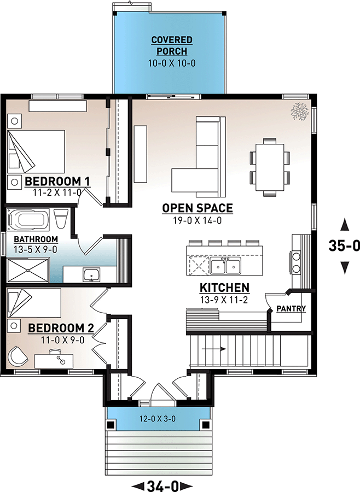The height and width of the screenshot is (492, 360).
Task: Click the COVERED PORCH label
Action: coord(172,45)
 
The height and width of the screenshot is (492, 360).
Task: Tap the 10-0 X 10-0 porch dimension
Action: coord(172,63)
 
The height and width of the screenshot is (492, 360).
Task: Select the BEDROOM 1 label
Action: coord(57,181)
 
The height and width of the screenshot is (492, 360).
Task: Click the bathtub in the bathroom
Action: coord(28,220)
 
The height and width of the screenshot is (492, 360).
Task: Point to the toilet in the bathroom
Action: coord(61,218)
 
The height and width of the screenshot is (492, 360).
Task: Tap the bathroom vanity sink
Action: coord(91,275)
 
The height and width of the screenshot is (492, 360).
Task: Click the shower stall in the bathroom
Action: coord(28,270)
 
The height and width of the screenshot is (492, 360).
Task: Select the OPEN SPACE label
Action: coord(198,208)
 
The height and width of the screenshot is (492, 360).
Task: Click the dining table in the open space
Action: coord(270,167)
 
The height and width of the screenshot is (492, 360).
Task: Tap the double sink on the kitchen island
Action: coord(225,267)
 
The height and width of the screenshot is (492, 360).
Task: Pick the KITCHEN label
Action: coord(225,288)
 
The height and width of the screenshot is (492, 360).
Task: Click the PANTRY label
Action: coord(291,309)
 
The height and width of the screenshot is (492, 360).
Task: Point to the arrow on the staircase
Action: coord(213,349)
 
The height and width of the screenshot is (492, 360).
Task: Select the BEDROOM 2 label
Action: coord(61,328)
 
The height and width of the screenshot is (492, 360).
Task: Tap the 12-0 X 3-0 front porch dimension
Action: coord(158,419)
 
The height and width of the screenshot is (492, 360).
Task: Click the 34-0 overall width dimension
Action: coord(162,487)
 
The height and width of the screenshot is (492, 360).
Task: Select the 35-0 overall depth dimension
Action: coord(344,245)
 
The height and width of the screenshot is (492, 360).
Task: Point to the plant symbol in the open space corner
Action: coord(299,111)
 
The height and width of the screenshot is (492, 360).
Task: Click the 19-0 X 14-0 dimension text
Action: coord(198,221)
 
